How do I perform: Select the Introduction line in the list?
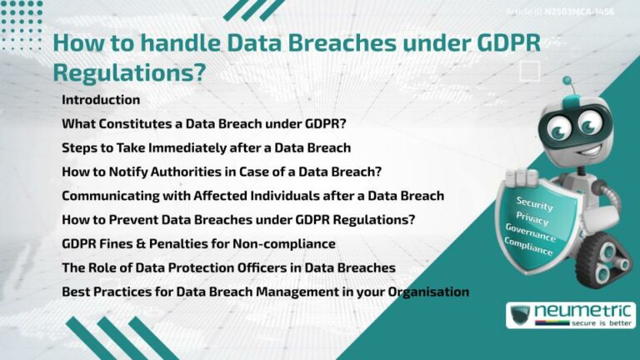(101, 100)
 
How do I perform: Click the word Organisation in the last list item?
(427, 292)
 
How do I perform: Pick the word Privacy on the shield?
(532, 216)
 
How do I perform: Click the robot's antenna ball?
(567, 82)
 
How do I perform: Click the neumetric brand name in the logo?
(584, 311)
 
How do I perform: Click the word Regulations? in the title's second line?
(128, 72)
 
